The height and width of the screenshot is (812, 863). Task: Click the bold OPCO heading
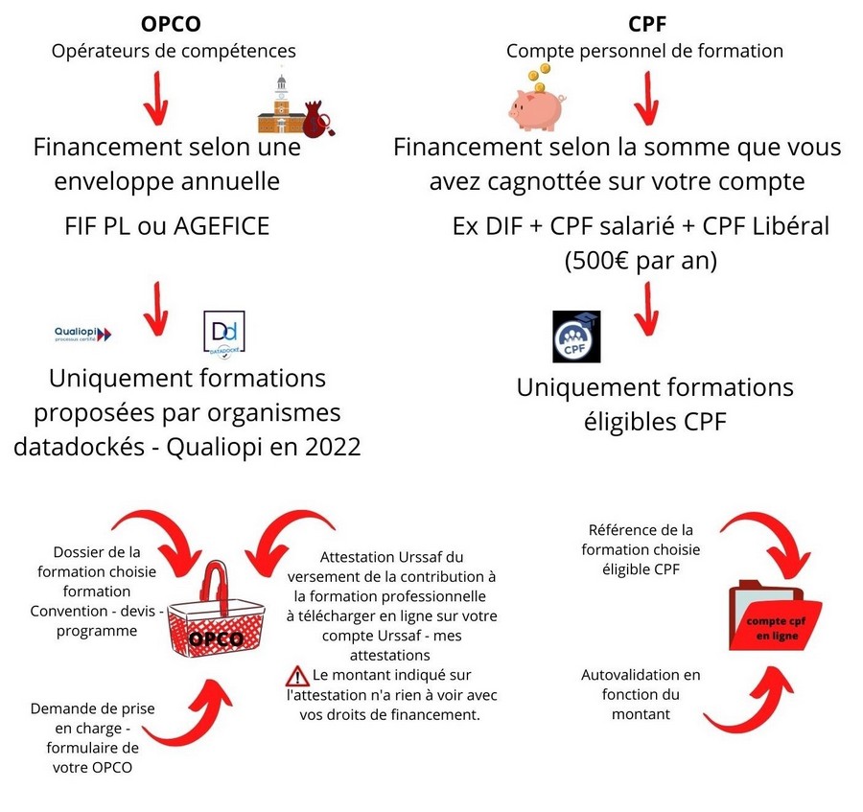(x=171, y=24)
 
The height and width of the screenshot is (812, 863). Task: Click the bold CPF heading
(x=647, y=24)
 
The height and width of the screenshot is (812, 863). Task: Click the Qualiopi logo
(x=82, y=334)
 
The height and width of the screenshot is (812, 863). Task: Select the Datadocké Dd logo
(x=224, y=335)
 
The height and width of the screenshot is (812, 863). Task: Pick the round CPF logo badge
(x=576, y=336)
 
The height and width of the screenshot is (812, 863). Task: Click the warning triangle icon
(x=297, y=676)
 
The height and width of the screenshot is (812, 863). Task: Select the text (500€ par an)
(x=641, y=261)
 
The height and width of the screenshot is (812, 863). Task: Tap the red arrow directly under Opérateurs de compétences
(x=156, y=98)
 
